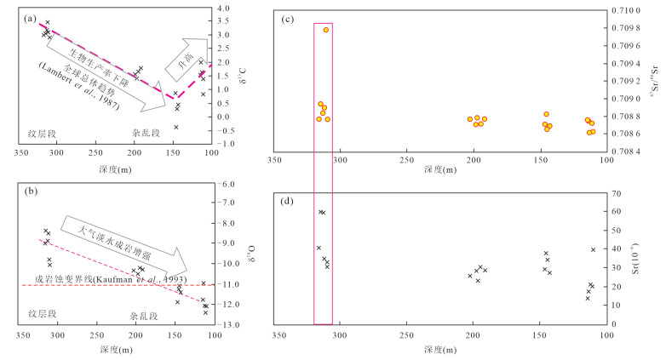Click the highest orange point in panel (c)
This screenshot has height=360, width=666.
tap(326, 30)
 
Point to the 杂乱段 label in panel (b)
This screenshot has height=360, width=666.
tap(146, 315)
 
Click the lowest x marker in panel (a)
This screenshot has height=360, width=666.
tap(175, 127)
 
